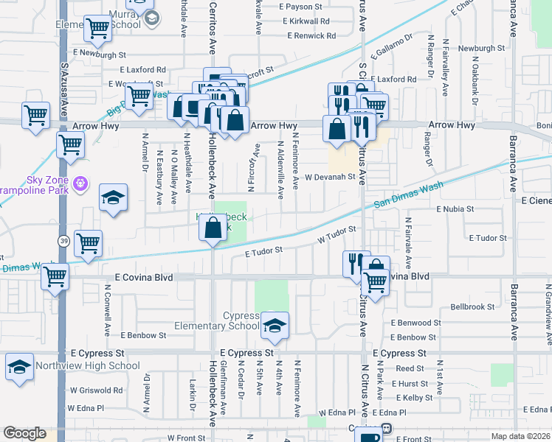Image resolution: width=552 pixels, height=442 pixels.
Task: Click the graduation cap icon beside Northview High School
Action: (x=19, y=367)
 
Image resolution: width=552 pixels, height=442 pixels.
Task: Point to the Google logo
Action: (x=24, y=433)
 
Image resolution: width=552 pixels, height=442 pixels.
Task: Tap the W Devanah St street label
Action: (x=332, y=178)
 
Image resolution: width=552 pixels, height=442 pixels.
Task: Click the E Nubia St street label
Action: (x=454, y=209)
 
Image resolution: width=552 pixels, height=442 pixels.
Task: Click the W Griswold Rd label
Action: (x=97, y=390)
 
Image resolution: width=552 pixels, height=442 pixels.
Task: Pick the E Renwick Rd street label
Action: (x=311, y=35)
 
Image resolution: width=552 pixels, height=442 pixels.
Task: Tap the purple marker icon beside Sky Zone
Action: (x=80, y=182)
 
